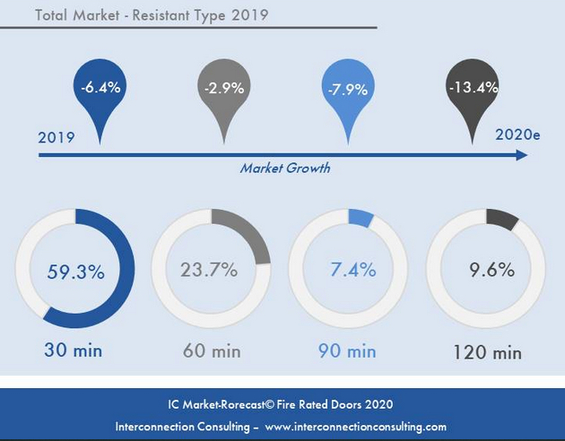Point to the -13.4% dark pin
[473, 90]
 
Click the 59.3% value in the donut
[74, 270]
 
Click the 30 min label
[74, 350]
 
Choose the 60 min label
[211, 350]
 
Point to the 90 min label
[348, 350]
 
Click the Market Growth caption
[285, 168]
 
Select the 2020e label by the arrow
[518, 135]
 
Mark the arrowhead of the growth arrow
[522, 155]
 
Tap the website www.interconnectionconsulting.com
[356, 426]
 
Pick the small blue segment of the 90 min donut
[361, 217]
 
